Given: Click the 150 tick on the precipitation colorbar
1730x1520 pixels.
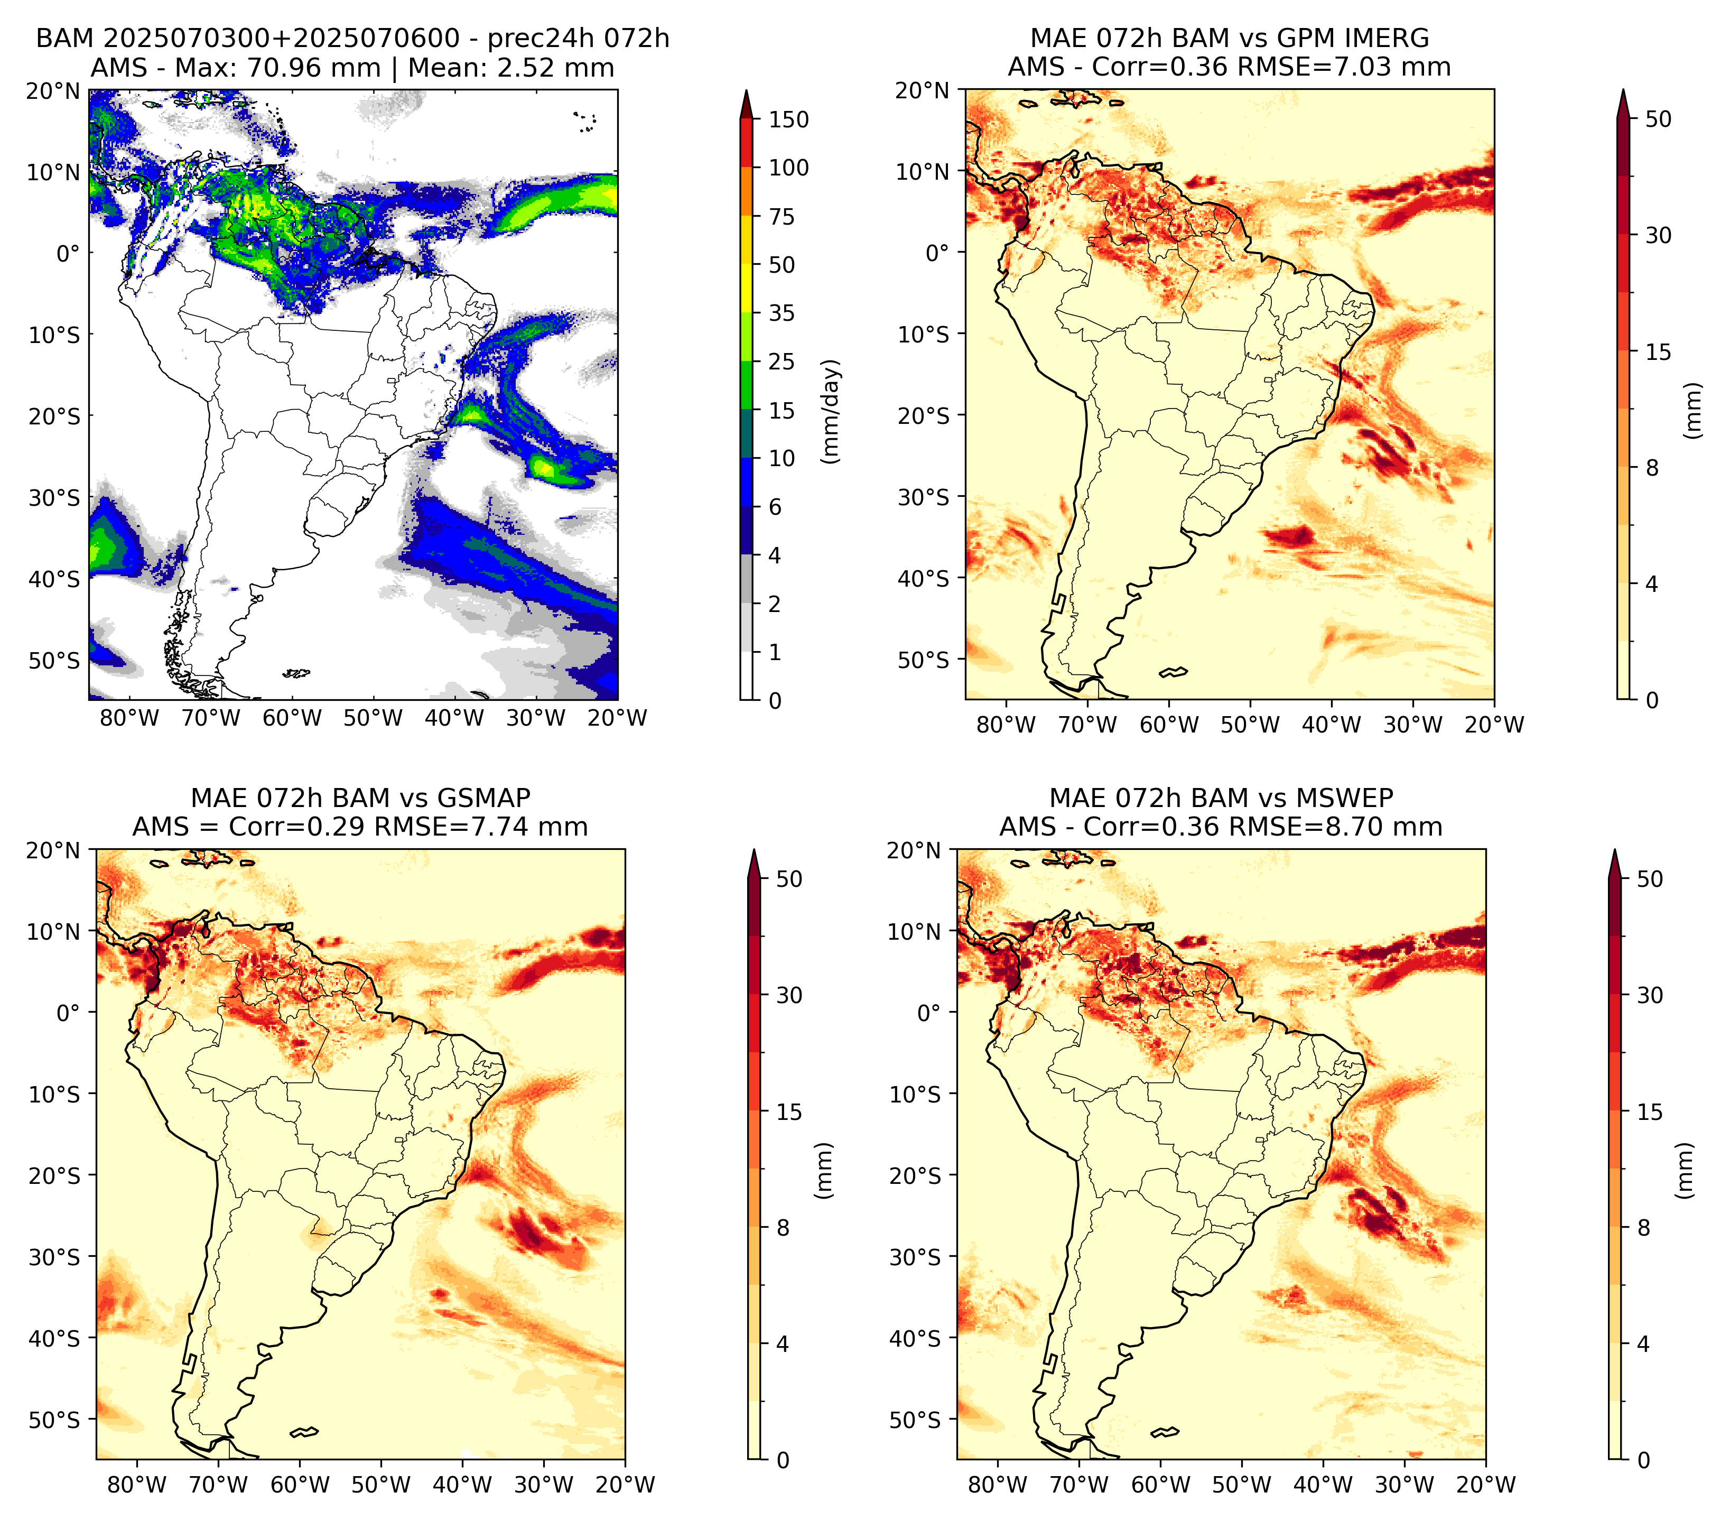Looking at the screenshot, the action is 788,119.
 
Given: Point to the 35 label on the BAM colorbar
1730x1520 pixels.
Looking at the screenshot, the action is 781,313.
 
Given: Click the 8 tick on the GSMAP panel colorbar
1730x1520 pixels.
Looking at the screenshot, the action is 782,1227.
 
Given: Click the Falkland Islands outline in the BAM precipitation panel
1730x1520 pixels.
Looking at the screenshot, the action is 296,674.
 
